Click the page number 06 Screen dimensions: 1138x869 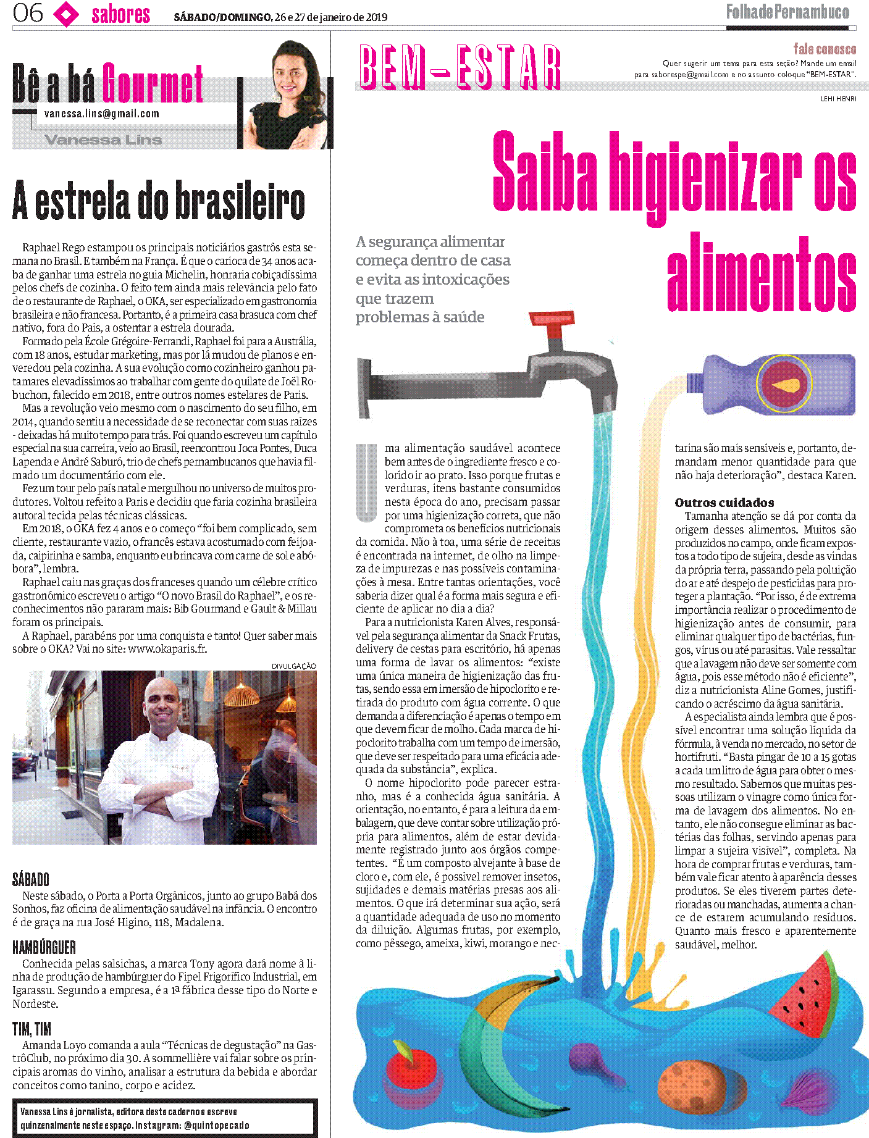click(x=28, y=13)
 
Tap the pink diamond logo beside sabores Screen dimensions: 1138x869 click(x=66, y=14)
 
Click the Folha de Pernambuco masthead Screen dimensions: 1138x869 click(x=787, y=12)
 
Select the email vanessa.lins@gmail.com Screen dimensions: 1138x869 click(x=102, y=114)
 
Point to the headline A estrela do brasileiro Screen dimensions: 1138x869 click(x=159, y=201)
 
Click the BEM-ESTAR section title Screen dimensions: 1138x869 click(x=460, y=67)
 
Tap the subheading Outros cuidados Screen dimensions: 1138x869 click(x=724, y=503)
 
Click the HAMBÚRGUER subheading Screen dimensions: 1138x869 click(x=44, y=947)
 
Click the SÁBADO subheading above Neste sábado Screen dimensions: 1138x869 click(x=31, y=879)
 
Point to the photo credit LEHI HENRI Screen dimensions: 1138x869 click(x=838, y=99)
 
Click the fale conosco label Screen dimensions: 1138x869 click(x=825, y=49)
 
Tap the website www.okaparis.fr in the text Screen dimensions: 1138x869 click(x=167, y=649)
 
